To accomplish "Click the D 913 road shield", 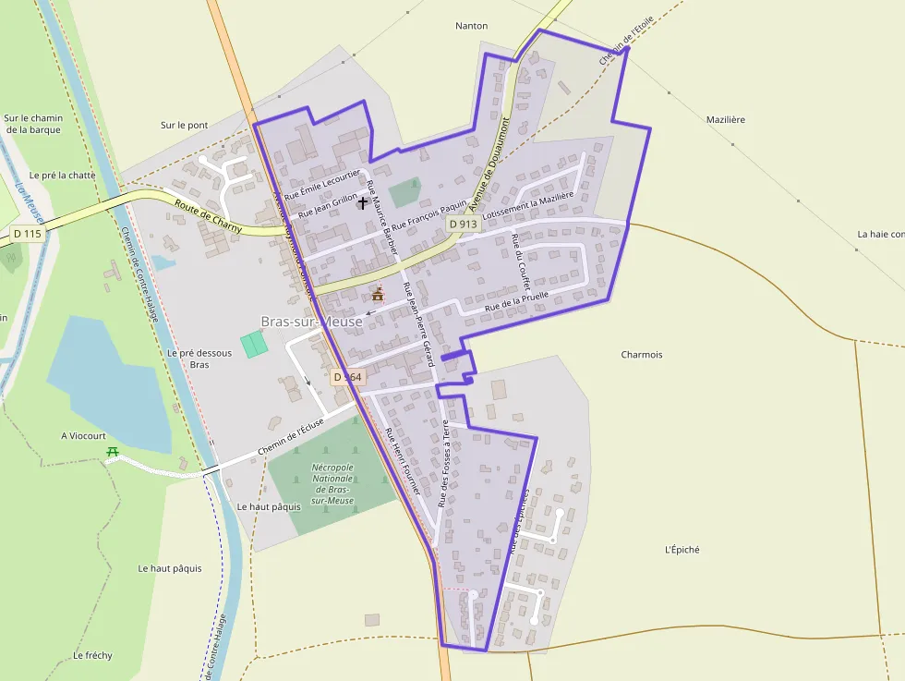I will point(464,225).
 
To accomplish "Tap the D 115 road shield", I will point(28,234).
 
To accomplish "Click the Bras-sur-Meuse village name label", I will point(311,322).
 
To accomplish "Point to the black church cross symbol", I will point(363,201).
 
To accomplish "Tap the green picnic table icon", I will point(113,452).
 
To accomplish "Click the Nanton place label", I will point(471,26).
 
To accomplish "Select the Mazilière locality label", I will point(725,120).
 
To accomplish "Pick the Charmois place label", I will point(642,355).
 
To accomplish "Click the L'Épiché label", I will point(682,550).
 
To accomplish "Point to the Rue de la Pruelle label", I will point(517,300).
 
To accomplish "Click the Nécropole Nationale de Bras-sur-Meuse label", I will point(332,483).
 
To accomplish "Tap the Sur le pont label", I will point(184,125).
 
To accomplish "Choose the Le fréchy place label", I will point(92,656).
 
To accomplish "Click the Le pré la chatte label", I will point(62,175).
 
